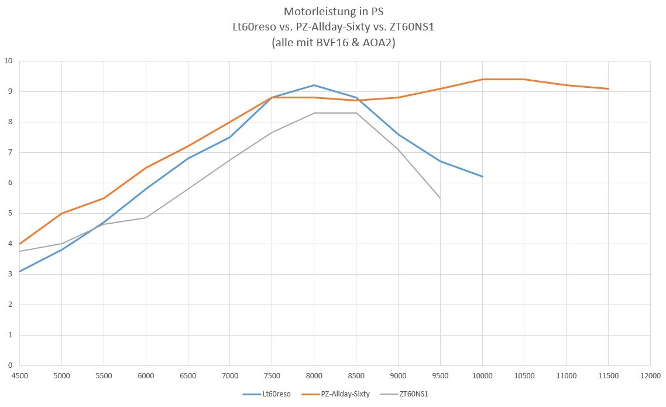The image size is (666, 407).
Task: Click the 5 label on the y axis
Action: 10,213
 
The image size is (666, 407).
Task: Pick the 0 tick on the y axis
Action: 10,365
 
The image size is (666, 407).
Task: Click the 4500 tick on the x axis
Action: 19,375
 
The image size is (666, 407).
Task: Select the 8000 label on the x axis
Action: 314,375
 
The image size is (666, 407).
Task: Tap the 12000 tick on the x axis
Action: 650,375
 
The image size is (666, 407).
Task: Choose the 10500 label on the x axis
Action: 524,375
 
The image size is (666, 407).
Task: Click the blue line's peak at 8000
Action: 314,85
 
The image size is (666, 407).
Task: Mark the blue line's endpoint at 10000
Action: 482,176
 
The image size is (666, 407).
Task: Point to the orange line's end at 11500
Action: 608,88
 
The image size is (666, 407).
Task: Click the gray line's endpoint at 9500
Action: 440,198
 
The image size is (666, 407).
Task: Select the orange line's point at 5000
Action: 61,213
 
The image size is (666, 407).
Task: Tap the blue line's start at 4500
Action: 20,271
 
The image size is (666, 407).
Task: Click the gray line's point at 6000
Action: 146,218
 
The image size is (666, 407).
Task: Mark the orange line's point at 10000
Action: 482,79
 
